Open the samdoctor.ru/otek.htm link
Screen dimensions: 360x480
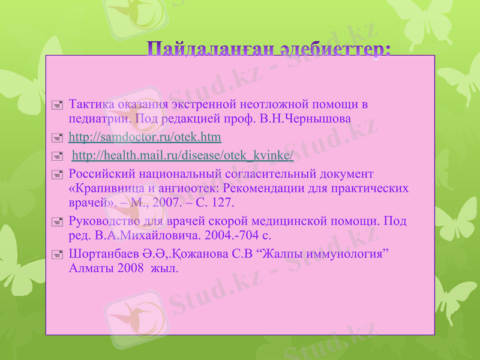click(145, 137)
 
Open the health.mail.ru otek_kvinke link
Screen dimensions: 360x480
click(182, 156)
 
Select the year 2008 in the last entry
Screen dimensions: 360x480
click(131, 268)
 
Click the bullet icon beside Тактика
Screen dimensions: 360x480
click(57, 105)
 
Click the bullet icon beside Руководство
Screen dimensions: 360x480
click(57, 221)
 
